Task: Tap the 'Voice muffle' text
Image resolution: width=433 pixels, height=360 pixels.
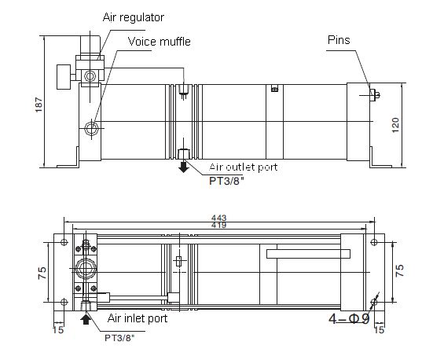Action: click(160, 42)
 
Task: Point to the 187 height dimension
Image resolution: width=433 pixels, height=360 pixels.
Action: click(39, 105)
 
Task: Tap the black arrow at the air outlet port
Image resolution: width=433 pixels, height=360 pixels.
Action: click(183, 165)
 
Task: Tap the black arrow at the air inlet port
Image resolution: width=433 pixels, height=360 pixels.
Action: click(85, 319)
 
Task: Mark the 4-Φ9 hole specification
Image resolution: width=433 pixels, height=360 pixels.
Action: click(349, 319)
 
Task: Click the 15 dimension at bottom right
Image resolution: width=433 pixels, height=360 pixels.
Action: click(380, 330)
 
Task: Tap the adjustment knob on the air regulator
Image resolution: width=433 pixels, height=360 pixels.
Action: click(61, 76)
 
